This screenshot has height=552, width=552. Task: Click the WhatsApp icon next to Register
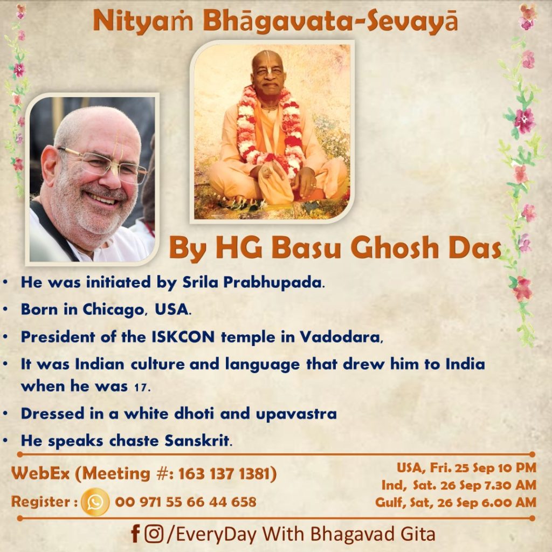click(x=95, y=502)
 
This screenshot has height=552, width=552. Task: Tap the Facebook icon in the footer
click(x=135, y=534)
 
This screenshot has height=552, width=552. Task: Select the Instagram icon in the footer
click(x=154, y=534)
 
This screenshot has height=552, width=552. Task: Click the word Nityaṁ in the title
click(x=143, y=22)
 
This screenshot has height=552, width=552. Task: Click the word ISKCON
click(x=183, y=337)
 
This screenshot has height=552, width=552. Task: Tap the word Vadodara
click(x=340, y=337)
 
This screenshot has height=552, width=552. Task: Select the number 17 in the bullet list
click(x=140, y=387)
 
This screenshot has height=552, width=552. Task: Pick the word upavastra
click(x=296, y=414)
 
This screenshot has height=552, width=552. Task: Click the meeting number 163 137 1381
click(x=224, y=474)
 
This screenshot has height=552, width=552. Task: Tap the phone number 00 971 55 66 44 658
click(x=185, y=502)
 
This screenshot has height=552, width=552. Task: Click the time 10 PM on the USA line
click(x=517, y=468)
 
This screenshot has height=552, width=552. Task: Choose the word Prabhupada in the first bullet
click(x=272, y=282)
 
